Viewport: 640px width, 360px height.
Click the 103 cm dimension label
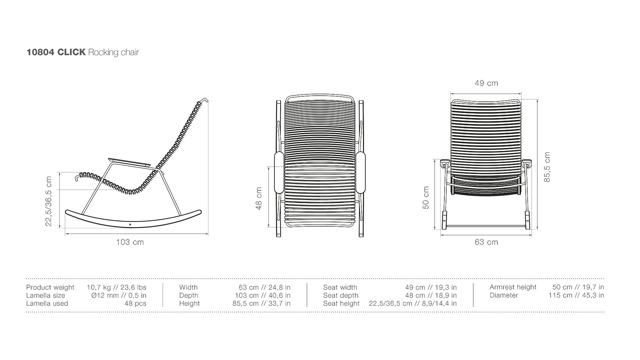click(x=130, y=242)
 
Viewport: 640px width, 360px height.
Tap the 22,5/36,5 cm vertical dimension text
click(x=49, y=201)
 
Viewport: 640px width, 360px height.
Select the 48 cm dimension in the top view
click(x=259, y=198)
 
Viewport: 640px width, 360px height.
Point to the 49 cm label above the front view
click(x=486, y=83)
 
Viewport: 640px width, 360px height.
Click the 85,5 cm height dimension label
click(x=547, y=167)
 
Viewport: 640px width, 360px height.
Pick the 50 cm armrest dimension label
click(x=426, y=198)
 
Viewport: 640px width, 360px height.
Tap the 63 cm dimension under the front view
click(x=486, y=242)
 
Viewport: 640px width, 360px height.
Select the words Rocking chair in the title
click(x=114, y=53)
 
